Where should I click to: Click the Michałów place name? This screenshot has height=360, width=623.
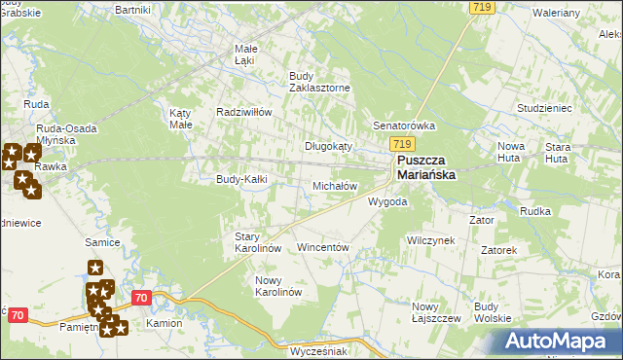tap(335, 186)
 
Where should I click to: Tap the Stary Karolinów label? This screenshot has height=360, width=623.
tap(258, 242)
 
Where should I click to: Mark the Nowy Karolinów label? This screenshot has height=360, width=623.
tap(278, 286)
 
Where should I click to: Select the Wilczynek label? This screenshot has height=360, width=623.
tap(431, 239)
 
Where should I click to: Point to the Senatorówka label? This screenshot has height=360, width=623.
tap(404, 126)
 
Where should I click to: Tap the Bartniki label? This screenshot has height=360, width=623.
tap(131, 9)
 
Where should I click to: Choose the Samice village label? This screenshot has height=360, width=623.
tap(101, 241)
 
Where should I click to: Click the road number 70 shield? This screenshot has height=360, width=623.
tap(141, 299)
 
